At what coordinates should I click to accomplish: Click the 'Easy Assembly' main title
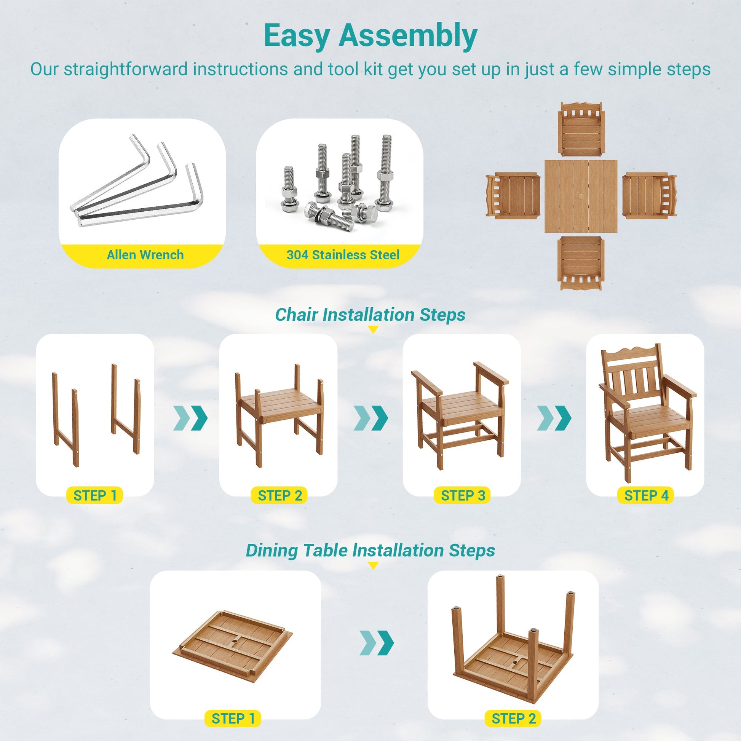370,37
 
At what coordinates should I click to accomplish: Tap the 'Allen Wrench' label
145,255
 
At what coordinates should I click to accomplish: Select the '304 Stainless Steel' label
343,255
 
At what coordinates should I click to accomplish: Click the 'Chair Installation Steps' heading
370,315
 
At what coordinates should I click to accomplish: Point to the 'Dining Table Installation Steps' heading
370,550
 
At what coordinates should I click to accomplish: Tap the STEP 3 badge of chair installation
463,495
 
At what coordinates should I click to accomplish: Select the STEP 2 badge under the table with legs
514,719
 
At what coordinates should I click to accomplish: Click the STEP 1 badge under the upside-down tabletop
233,719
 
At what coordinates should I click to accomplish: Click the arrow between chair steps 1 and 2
191,418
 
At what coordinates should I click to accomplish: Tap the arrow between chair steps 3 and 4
554,418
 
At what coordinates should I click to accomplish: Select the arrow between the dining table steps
377,642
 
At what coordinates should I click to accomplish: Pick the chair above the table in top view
581,129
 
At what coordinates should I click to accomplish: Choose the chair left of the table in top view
513,196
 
